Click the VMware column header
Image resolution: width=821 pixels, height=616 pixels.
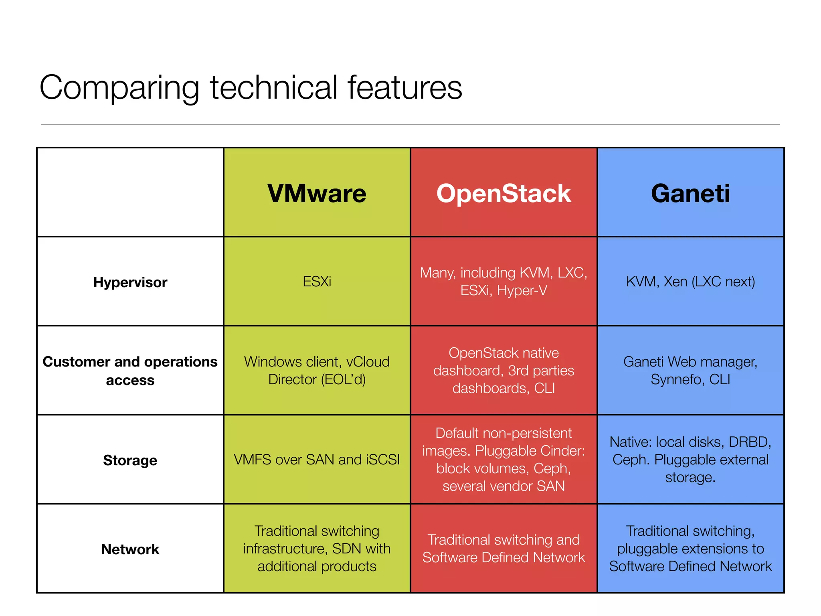[x=317, y=193]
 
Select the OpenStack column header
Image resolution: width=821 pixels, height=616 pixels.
[x=504, y=193]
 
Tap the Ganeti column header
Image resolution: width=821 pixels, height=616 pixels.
[x=690, y=193]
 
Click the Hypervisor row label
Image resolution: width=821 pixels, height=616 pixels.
[x=130, y=282]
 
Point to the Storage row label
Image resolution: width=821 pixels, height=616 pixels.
[x=130, y=460]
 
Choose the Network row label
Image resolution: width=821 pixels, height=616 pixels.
[x=130, y=549]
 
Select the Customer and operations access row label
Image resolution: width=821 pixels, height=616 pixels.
[x=130, y=371]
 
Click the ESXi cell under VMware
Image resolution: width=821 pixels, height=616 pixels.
[x=317, y=282]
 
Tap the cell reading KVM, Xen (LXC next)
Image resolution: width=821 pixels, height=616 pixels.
[x=690, y=282]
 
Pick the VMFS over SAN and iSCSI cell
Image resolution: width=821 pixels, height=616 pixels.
[x=317, y=460]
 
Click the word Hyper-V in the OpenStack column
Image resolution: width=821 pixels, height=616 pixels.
[x=522, y=290]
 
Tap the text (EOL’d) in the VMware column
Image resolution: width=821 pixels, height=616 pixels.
[x=343, y=379]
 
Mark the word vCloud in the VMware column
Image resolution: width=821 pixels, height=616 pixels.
[x=368, y=362]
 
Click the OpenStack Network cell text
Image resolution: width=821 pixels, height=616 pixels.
[x=504, y=549]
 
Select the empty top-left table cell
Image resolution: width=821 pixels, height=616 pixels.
[x=130, y=192]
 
